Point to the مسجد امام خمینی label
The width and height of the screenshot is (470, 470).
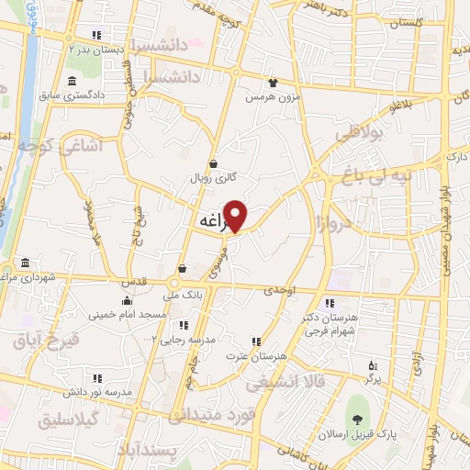[128, 314]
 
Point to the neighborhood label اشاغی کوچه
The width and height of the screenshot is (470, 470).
[67, 145]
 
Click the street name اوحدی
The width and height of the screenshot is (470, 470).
[279, 290]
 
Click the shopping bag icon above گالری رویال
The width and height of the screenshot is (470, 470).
[213, 164]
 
